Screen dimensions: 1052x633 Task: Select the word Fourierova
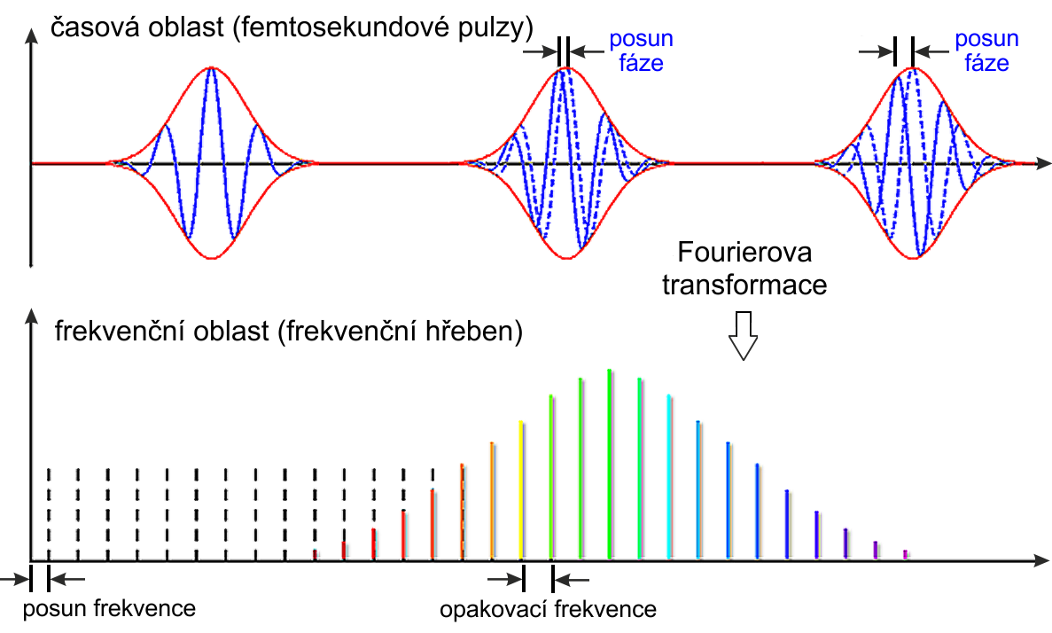pos(744,253)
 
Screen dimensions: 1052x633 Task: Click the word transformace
pos(744,285)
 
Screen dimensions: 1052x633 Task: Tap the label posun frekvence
pos(109,609)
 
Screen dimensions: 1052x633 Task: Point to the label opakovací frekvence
pos(548,609)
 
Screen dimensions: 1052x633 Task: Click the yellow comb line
pos(521,490)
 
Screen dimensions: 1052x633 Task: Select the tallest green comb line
pos(609,464)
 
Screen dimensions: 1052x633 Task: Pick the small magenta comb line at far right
pos(906,554)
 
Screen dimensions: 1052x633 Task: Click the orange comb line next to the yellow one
pos(492,501)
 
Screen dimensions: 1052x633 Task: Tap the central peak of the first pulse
pos(212,69)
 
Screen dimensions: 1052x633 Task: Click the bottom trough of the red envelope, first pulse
pos(212,258)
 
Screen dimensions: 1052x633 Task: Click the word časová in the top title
pos(88,27)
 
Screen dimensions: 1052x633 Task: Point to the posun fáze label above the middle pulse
pos(641,51)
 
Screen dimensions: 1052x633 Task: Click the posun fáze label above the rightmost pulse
pos(987,51)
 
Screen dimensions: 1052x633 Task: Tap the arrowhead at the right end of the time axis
pos(1042,163)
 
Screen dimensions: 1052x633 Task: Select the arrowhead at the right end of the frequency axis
pos(1042,559)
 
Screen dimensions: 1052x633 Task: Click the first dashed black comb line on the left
pos(49,513)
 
